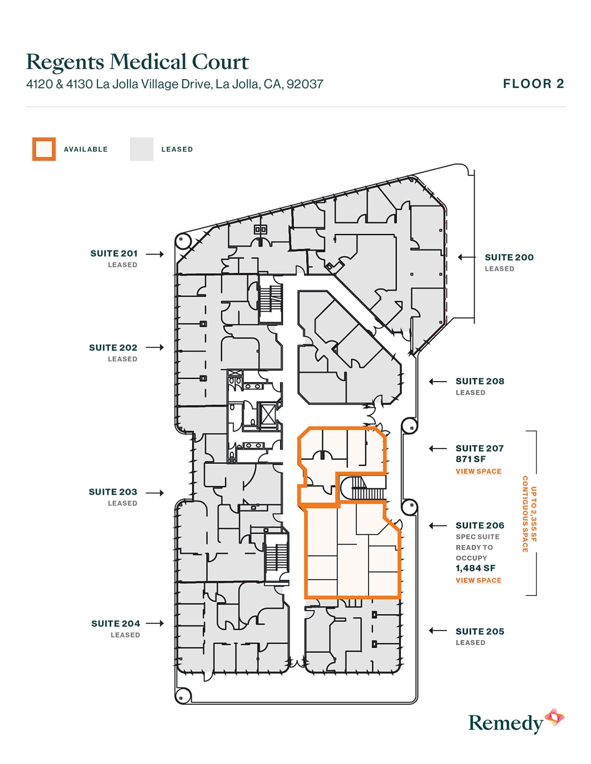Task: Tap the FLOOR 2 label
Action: (534, 84)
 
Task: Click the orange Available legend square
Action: (44, 149)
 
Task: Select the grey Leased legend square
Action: (141, 149)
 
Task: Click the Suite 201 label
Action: (114, 254)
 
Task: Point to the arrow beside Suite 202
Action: (155, 347)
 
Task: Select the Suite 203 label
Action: (113, 492)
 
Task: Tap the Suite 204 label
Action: (115, 624)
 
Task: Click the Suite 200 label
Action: (509, 257)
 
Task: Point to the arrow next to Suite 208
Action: (438, 382)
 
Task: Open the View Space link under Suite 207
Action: (478, 471)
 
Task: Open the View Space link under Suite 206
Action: (478, 580)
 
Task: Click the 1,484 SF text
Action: (476, 568)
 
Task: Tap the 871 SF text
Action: (470, 459)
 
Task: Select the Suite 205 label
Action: (480, 632)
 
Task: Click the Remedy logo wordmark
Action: (505, 723)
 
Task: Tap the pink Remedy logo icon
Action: (554, 718)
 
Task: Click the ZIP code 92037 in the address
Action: (305, 84)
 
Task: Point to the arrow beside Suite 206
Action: (438, 526)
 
